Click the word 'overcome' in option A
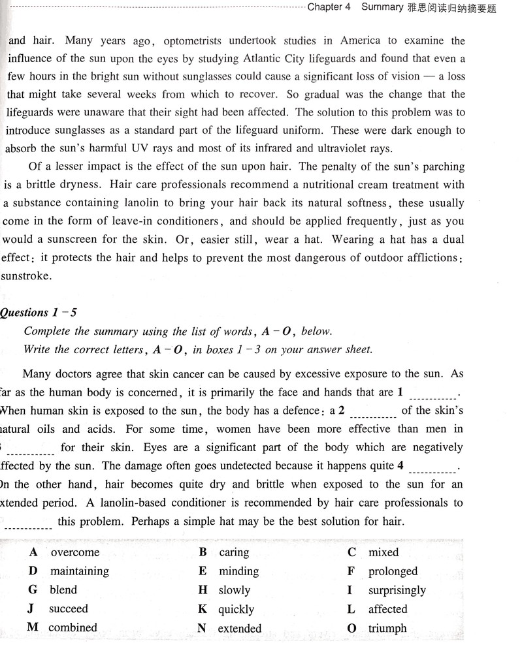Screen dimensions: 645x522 point(75,552)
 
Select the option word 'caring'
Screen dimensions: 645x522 point(234,552)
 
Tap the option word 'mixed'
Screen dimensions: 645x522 point(383,552)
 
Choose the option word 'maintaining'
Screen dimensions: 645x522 point(80,571)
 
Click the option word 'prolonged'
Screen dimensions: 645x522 point(393,571)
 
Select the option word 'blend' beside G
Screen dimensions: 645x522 point(63,590)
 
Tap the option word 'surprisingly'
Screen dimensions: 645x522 point(397,590)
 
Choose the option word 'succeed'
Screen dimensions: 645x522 point(68,609)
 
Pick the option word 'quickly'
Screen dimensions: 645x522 point(236,609)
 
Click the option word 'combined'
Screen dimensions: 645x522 point(73,628)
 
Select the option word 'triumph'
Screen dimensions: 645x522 point(387,629)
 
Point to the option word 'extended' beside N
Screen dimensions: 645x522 point(240,629)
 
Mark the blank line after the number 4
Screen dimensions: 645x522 point(434,469)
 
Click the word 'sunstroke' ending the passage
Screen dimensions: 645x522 point(26,275)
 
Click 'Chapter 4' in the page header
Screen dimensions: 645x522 point(329,7)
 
